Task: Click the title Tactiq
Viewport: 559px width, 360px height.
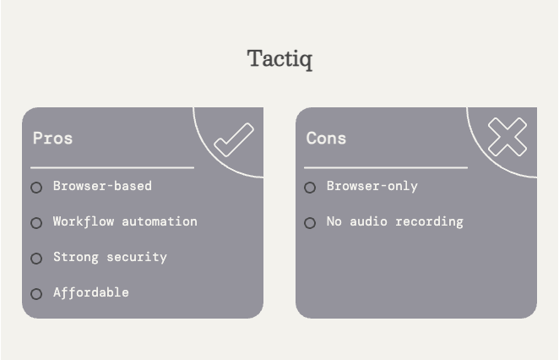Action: pyautogui.click(x=279, y=59)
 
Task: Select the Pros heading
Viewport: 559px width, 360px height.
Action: pyautogui.click(x=52, y=138)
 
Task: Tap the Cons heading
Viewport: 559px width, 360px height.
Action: pyautogui.click(x=326, y=138)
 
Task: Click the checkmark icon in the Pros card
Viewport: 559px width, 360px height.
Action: pyautogui.click(x=233, y=139)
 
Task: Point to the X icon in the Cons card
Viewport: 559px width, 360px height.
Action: pyautogui.click(x=507, y=137)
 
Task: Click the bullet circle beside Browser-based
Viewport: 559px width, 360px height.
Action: pyautogui.click(x=36, y=188)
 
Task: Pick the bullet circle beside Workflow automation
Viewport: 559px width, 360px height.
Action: pyautogui.click(x=36, y=223)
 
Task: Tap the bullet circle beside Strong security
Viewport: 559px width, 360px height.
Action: pyautogui.click(x=36, y=259)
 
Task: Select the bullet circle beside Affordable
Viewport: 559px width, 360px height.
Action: pyautogui.click(x=36, y=294)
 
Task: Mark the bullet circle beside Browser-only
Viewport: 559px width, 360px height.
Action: pyautogui.click(x=310, y=188)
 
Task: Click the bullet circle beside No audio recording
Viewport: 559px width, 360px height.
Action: pyautogui.click(x=310, y=223)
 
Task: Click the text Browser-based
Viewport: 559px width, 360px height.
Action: pyautogui.click(x=102, y=186)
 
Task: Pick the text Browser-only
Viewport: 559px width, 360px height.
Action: pyautogui.click(x=372, y=186)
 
